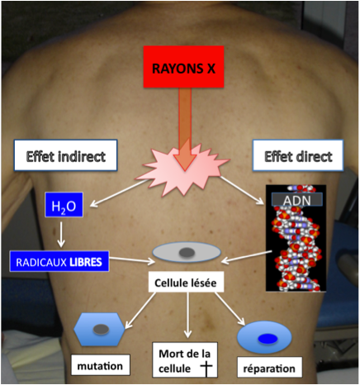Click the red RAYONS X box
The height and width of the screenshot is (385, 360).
183,67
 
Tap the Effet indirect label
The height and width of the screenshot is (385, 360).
66,155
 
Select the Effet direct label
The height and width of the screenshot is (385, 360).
298,155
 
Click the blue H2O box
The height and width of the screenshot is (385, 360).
64,205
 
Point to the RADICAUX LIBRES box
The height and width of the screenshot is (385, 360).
59,261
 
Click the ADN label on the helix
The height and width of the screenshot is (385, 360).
297,199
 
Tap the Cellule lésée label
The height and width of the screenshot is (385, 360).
186,283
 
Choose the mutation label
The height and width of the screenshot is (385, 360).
101,365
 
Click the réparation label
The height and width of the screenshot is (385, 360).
269,368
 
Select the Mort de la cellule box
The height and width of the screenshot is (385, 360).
185,360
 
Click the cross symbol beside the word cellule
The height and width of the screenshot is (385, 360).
206,368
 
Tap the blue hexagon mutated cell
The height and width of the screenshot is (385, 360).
100,329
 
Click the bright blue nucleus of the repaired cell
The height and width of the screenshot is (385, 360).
268,339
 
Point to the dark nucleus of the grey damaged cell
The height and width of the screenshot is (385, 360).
187,252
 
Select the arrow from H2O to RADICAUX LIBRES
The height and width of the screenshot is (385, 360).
61,234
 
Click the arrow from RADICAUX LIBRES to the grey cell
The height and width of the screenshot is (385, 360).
132,259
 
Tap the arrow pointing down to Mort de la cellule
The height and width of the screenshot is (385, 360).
187,315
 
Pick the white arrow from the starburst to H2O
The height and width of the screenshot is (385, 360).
119,193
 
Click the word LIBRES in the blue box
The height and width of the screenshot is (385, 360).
86,262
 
